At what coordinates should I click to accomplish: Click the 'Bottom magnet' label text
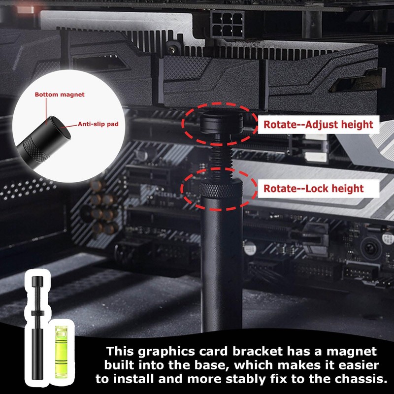(x=60, y=94)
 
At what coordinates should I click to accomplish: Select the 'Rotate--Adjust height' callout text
(x=318, y=124)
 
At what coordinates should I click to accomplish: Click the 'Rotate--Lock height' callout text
(x=313, y=188)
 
